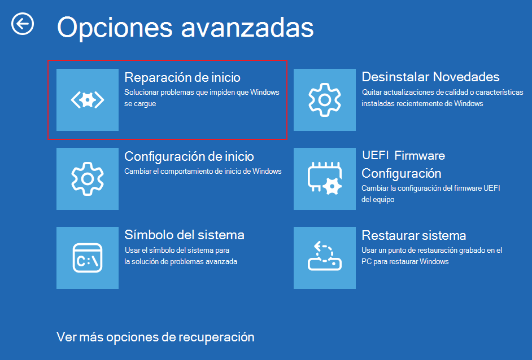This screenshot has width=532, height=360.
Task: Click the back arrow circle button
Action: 23,24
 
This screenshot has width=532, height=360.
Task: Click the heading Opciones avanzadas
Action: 185,27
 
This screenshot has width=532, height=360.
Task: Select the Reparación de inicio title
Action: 182,77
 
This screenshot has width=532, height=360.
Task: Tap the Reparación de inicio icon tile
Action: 88,100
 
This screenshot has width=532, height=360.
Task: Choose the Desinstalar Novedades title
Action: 430,77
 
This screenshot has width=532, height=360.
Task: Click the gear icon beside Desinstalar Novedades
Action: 325,100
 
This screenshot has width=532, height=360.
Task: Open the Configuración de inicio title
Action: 189,156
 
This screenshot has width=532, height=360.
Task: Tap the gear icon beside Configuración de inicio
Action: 88,179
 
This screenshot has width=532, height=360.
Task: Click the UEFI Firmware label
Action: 403,156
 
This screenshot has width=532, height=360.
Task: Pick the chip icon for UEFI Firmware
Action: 325,179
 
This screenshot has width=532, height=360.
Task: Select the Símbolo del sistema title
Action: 184,235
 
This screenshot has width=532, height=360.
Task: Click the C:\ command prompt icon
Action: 88,258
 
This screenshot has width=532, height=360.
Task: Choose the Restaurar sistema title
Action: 413,235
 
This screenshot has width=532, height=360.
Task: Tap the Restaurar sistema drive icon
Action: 325,258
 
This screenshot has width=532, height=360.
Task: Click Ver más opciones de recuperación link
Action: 155,337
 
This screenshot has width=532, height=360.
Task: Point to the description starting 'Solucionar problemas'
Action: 202,98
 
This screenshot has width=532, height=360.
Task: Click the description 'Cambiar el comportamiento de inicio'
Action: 203,171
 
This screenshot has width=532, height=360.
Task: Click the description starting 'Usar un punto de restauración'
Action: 431,256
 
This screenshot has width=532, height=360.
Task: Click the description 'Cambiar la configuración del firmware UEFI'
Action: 431,194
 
